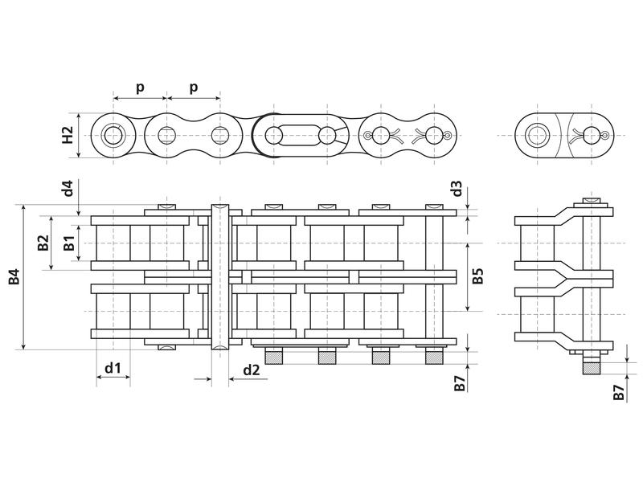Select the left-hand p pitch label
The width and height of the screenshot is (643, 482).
point(140,87)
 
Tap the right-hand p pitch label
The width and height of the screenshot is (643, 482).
point(193,87)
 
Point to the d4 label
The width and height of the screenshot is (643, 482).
point(69,190)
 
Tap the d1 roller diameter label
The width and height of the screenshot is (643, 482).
point(113,369)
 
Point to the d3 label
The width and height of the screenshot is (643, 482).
point(457,190)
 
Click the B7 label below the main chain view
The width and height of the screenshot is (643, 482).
point(459,383)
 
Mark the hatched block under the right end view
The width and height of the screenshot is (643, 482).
point(592,368)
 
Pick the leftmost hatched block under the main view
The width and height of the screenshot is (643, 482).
point(272,357)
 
